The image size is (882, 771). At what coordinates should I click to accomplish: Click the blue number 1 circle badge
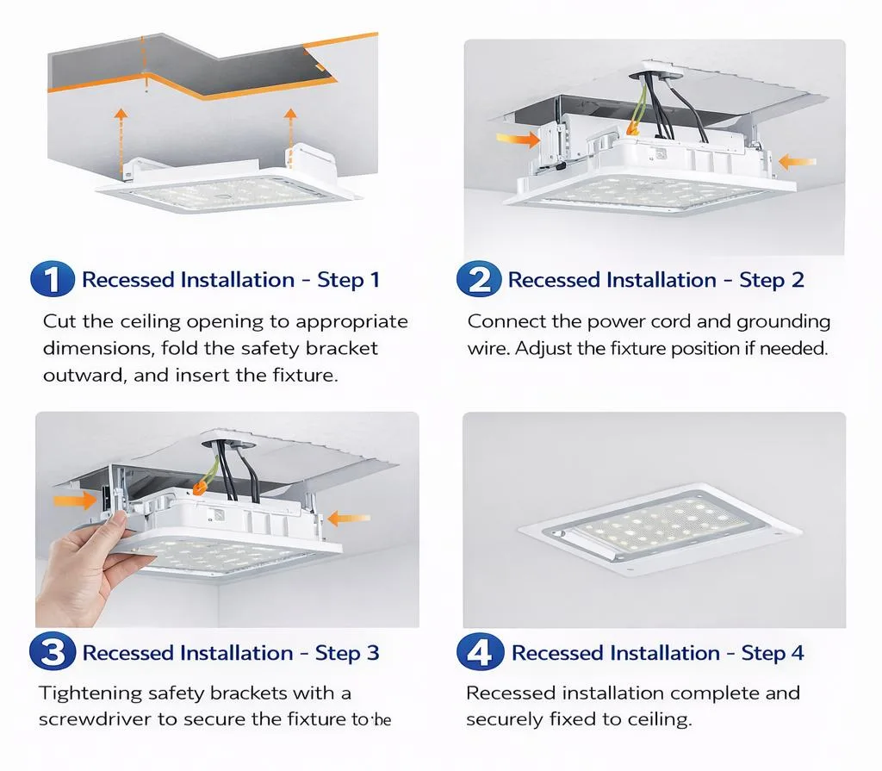pos(53,280)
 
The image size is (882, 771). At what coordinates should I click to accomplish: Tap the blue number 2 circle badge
pos(477,280)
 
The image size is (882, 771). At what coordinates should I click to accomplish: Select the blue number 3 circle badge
pos(53,653)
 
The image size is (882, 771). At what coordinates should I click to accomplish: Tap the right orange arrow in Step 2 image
pos(796,160)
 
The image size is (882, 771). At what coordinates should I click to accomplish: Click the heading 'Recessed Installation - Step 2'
pos(655,280)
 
